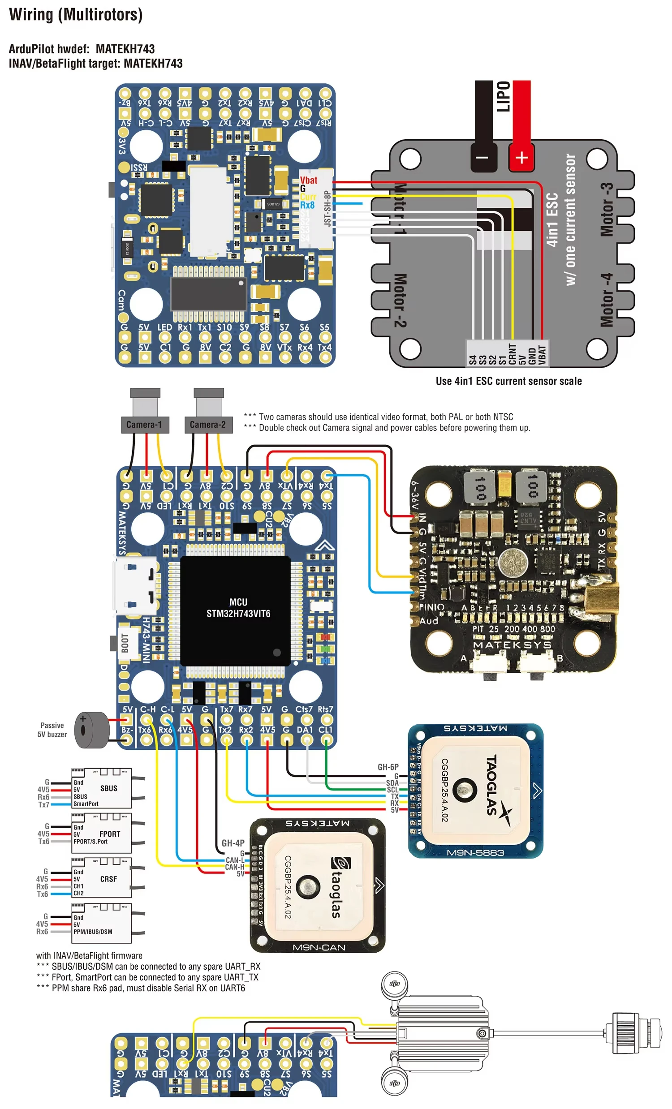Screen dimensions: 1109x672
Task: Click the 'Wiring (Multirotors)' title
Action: [x=76, y=15]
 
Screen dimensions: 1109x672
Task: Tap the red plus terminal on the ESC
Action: [x=521, y=158]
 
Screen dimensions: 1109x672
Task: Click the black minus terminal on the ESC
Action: [x=482, y=158]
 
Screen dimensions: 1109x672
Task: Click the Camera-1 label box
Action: [x=145, y=424]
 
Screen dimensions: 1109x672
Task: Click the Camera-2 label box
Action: [x=208, y=424]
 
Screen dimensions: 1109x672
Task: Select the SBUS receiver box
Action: [x=102, y=788]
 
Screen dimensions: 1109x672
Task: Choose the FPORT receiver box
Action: [x=102, y=833]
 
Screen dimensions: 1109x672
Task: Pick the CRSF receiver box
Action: [x=102, y=878]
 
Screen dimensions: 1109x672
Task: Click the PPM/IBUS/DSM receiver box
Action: [x=102, y=923]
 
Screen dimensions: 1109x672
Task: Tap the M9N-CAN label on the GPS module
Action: [x=319, y=947]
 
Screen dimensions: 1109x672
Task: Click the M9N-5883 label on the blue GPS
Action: [x=475, y=852]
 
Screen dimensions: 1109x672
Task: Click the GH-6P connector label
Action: [x=388, y=767]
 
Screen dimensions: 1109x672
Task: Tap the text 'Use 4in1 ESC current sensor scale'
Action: [x=508, y=381]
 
